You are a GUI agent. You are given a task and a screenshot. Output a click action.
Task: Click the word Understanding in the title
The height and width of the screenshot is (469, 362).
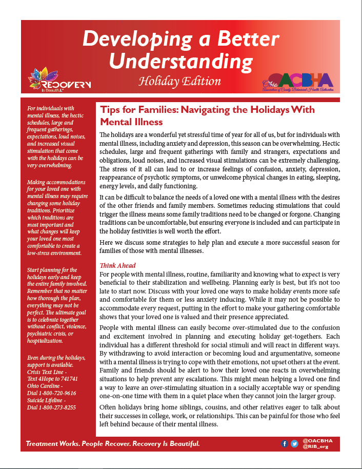pos(180,61)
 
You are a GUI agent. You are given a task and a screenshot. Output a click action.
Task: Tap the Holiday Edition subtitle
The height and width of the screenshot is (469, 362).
pos(179,81)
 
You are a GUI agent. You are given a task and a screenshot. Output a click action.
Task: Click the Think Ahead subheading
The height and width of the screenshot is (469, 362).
pos(117,265)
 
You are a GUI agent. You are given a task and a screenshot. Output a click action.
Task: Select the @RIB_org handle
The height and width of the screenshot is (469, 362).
pos(315,447)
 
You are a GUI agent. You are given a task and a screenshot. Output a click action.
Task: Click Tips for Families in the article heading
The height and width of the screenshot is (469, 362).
pos(135,110)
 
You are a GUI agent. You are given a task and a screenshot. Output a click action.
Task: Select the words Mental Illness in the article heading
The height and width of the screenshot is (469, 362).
pos(131,122)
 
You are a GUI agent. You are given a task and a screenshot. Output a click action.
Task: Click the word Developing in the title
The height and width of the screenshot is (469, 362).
pos(136,39)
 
